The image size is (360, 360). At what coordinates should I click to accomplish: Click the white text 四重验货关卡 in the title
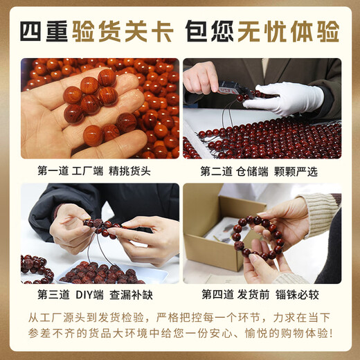pyautogui.click(x=95, y=31)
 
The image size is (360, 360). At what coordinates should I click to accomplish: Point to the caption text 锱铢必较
pyautogui.click(x=301, y=294)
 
